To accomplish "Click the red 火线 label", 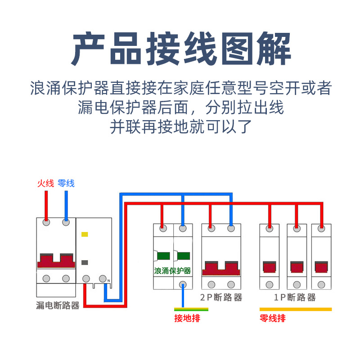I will click(45, 183).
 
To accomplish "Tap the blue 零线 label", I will click(66, 183).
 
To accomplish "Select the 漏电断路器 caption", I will click(57, 306).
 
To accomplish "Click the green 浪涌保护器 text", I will click(172, 271).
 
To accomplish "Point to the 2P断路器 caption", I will click(221, 298).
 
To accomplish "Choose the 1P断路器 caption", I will click(295, 298).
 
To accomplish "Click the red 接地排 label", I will click(187, 319).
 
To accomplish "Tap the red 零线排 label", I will click(272, 319).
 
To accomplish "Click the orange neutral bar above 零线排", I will click(295, 310).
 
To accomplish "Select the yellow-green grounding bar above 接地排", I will click(191, 309).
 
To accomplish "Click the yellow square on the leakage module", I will click(84, 234).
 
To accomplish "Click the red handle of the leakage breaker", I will click(56, 261).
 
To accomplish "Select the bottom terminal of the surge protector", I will click(183, 284).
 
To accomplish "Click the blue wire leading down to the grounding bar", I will click(183, 297).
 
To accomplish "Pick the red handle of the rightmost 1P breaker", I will click(321, 266).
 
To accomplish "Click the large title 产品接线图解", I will click(180, 49).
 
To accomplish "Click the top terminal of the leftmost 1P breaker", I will click(270, 229).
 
